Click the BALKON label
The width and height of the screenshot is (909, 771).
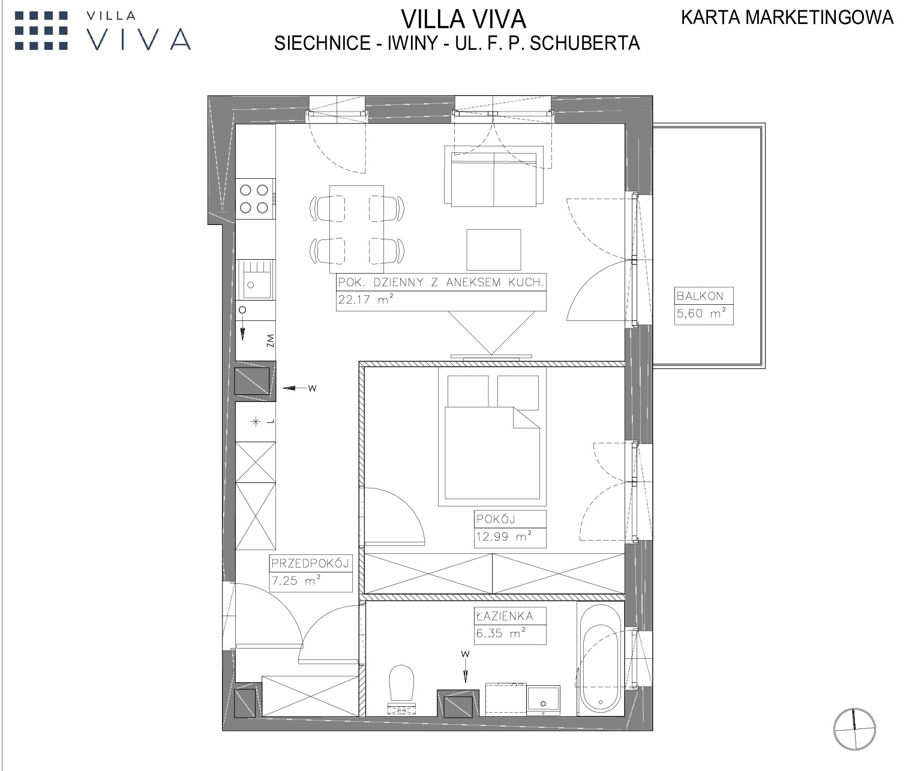pyautogui.click(x=700, y=296)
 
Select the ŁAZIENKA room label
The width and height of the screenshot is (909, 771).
pyautogui.click(x=505, y=616)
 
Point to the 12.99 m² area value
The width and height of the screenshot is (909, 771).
pyautogui.click(x=503, y=536)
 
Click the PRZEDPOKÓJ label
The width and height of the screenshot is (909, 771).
pyautogui.click(x=310, y=563)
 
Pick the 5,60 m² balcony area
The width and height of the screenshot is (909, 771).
pyautogui.click(x=701, y=313)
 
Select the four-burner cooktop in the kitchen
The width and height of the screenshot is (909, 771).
pyautogui.click(x=255, y=199)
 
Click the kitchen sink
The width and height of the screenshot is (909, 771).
pyautogui.click(x=255, y=280)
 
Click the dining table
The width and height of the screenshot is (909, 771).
pyautogui.click(x=356, y=229)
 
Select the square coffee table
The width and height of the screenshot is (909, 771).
pyautogui.click(x=493, y=250)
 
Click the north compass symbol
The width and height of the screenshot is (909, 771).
pyautogui.click(x=854, y=729)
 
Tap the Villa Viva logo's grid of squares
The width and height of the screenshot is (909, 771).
pyautogui.click(x=41, y=31)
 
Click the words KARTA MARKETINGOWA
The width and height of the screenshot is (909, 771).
pyautogui.click(x=787, y=17)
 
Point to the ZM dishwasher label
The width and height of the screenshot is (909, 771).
pyautogui.click(x=270, y=341)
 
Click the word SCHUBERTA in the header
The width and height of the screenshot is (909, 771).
pyautogui.click(x=584, y=43)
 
